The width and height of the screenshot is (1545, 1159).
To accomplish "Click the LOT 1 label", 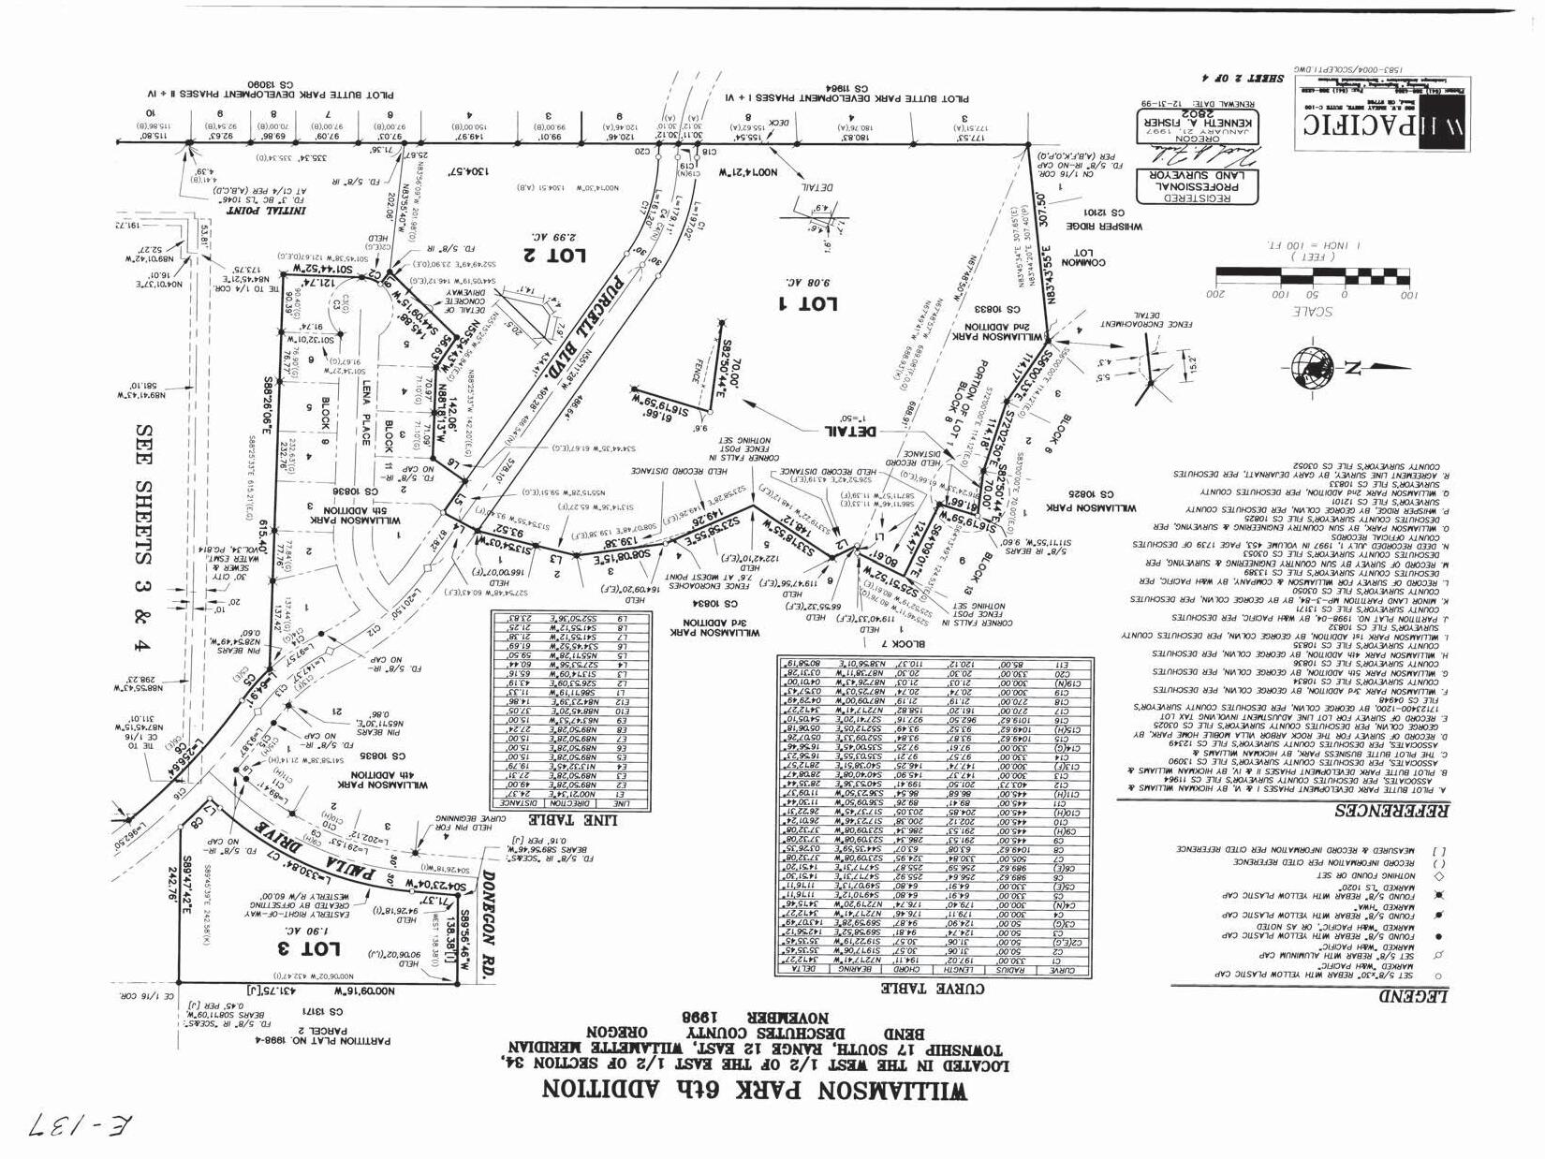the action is tap(806, 303).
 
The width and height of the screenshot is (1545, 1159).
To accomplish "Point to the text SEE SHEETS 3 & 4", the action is tap(143, 540).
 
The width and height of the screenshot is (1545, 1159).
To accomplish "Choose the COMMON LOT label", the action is tap(1081, 257).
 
